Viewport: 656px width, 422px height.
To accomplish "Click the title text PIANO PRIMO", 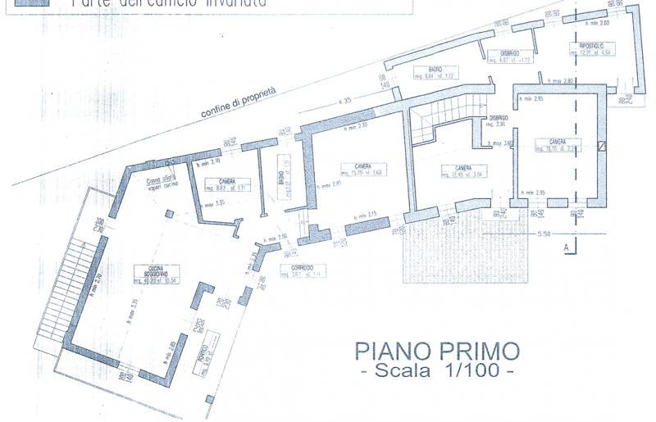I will pyautogui.click(x=437, y=351).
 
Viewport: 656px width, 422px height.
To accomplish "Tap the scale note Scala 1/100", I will pyautogui.click(x=437, y=370).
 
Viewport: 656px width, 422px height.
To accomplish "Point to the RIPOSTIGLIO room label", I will pyautogui.click(x=591, y=47).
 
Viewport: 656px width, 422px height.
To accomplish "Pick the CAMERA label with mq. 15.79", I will pyautogui.click(x=362, y=168).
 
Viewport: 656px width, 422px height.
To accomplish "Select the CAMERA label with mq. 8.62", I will pyautogui.click(x=227, y=182).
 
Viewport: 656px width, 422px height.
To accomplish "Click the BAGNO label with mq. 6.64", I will pyautogui.click(x=435, y=71).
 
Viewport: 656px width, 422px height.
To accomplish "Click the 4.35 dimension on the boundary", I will pyautogui.click(x=345, y=100).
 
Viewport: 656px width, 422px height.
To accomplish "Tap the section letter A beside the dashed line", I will pyautogui.click(x=565, y=245).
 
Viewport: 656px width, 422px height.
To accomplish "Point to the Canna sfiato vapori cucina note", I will pyautogui.click(x=161, y=183).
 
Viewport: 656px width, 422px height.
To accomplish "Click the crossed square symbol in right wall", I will pyautogui.click(x=603, y=146).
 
